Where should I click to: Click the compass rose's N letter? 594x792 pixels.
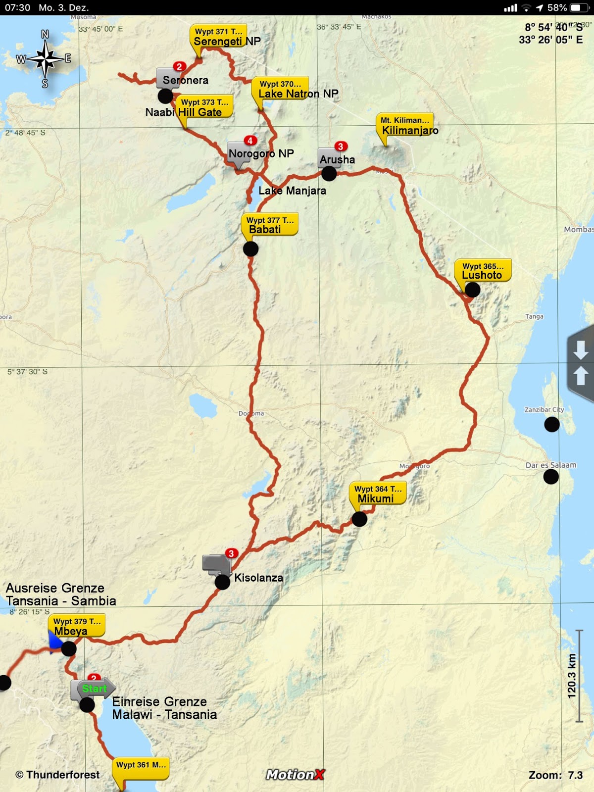point(45,34)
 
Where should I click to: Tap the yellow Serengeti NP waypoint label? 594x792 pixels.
point(218,37)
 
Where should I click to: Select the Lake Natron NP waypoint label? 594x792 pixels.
point(280,89)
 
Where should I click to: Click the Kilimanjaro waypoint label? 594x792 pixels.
point(404,125)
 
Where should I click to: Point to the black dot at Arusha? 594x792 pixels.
point(329,174)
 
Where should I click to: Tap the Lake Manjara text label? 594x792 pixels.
point(292,191)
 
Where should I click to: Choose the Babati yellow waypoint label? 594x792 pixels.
point(269,225)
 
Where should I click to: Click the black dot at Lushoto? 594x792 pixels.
point(472,290)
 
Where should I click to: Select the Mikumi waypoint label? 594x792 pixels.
point(377,494)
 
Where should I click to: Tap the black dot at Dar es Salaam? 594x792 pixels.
point(551,477)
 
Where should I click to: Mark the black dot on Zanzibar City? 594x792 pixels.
point(552,424)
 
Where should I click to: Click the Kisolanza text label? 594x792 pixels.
point(258,578)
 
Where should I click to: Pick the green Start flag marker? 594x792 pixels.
point(94,689)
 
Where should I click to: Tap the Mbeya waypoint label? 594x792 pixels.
point(76,626)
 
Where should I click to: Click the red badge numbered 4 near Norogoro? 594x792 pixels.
point(250,141)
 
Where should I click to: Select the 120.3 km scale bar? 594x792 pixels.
point(578,676)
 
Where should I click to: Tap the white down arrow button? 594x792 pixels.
point(581,350)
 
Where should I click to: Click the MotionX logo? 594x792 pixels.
point(295,775)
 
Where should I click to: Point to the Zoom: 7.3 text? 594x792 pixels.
point(555,775)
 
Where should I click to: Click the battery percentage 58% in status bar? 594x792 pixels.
point(557,7)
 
